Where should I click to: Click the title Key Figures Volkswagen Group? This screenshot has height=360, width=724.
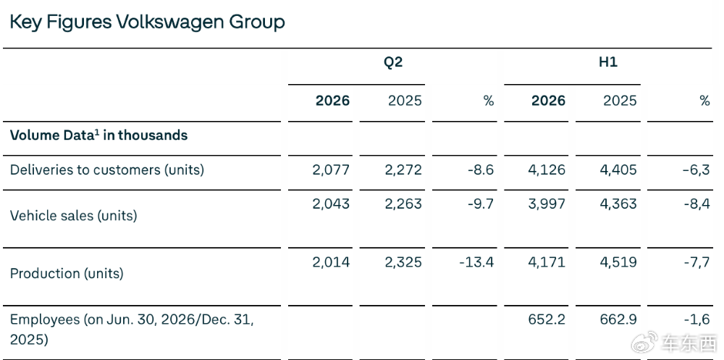point(147,22)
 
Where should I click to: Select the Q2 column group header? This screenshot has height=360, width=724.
point(393,62)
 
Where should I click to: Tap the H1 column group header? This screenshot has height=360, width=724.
point(608,62)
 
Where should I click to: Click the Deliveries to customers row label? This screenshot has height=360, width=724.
point(106,170)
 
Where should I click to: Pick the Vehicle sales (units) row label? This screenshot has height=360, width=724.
point(73,216)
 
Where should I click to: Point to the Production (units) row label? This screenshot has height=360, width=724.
point(67,273)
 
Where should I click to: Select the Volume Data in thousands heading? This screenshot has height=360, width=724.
point(98,135)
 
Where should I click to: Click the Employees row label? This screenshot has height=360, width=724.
point(132,330)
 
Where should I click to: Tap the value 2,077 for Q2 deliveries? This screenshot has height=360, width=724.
point(331,169)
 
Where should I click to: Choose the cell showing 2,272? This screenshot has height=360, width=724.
point(403,169)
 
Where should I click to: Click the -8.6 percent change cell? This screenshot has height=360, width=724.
point(480,169)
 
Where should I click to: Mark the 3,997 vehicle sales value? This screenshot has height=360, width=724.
point(547,204)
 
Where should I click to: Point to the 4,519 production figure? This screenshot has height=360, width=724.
point(618,262)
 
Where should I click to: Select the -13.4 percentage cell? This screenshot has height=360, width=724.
point(476,262)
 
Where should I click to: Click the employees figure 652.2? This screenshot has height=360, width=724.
point(547,319)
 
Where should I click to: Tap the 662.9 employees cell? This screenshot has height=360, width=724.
point(618,319)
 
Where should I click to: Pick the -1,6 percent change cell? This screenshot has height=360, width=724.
point(696,319)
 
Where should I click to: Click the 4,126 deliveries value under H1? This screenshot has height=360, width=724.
point(547,169)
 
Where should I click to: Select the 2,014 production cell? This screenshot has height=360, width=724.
point(331,262)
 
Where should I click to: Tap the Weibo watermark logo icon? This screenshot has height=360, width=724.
point(644,342)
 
